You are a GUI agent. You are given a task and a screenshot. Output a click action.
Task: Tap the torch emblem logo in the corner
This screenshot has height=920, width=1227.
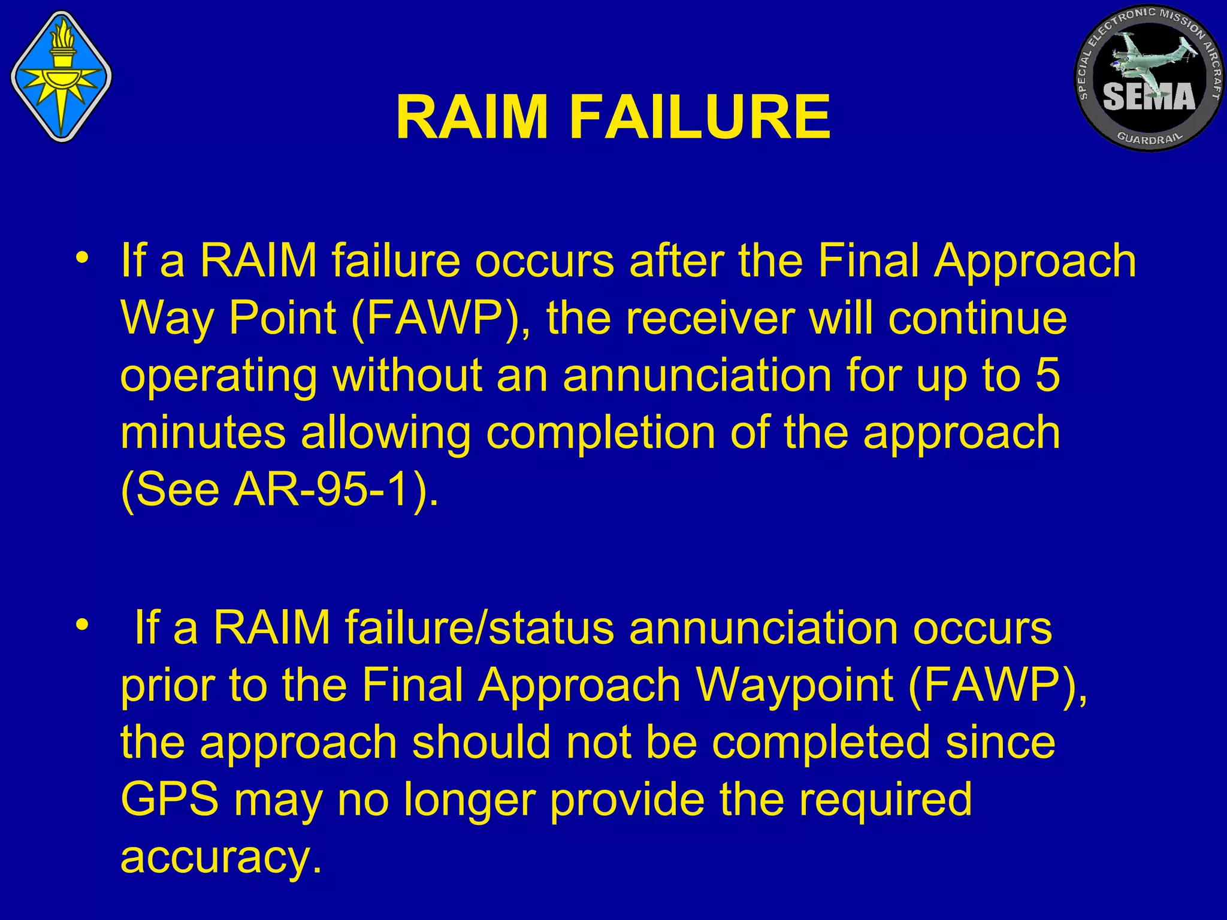(x=62, y=77)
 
